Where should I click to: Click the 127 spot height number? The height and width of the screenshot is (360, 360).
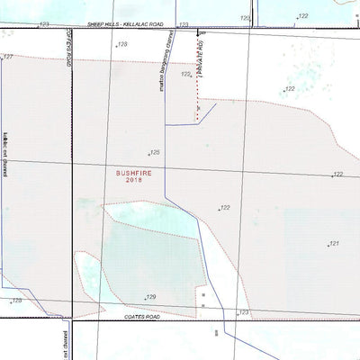[x=8, y=57]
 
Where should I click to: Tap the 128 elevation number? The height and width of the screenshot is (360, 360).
[x=122, y=44]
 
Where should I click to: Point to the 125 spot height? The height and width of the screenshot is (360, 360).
[x=155, y=153]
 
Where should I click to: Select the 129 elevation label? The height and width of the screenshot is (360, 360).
[x=150, y=296]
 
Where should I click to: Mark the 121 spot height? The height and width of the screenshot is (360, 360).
[x=333, y=243]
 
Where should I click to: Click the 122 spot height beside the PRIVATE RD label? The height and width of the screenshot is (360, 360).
[x=185, y=75]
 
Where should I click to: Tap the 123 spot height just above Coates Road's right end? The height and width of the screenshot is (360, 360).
[x=243, y=312]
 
